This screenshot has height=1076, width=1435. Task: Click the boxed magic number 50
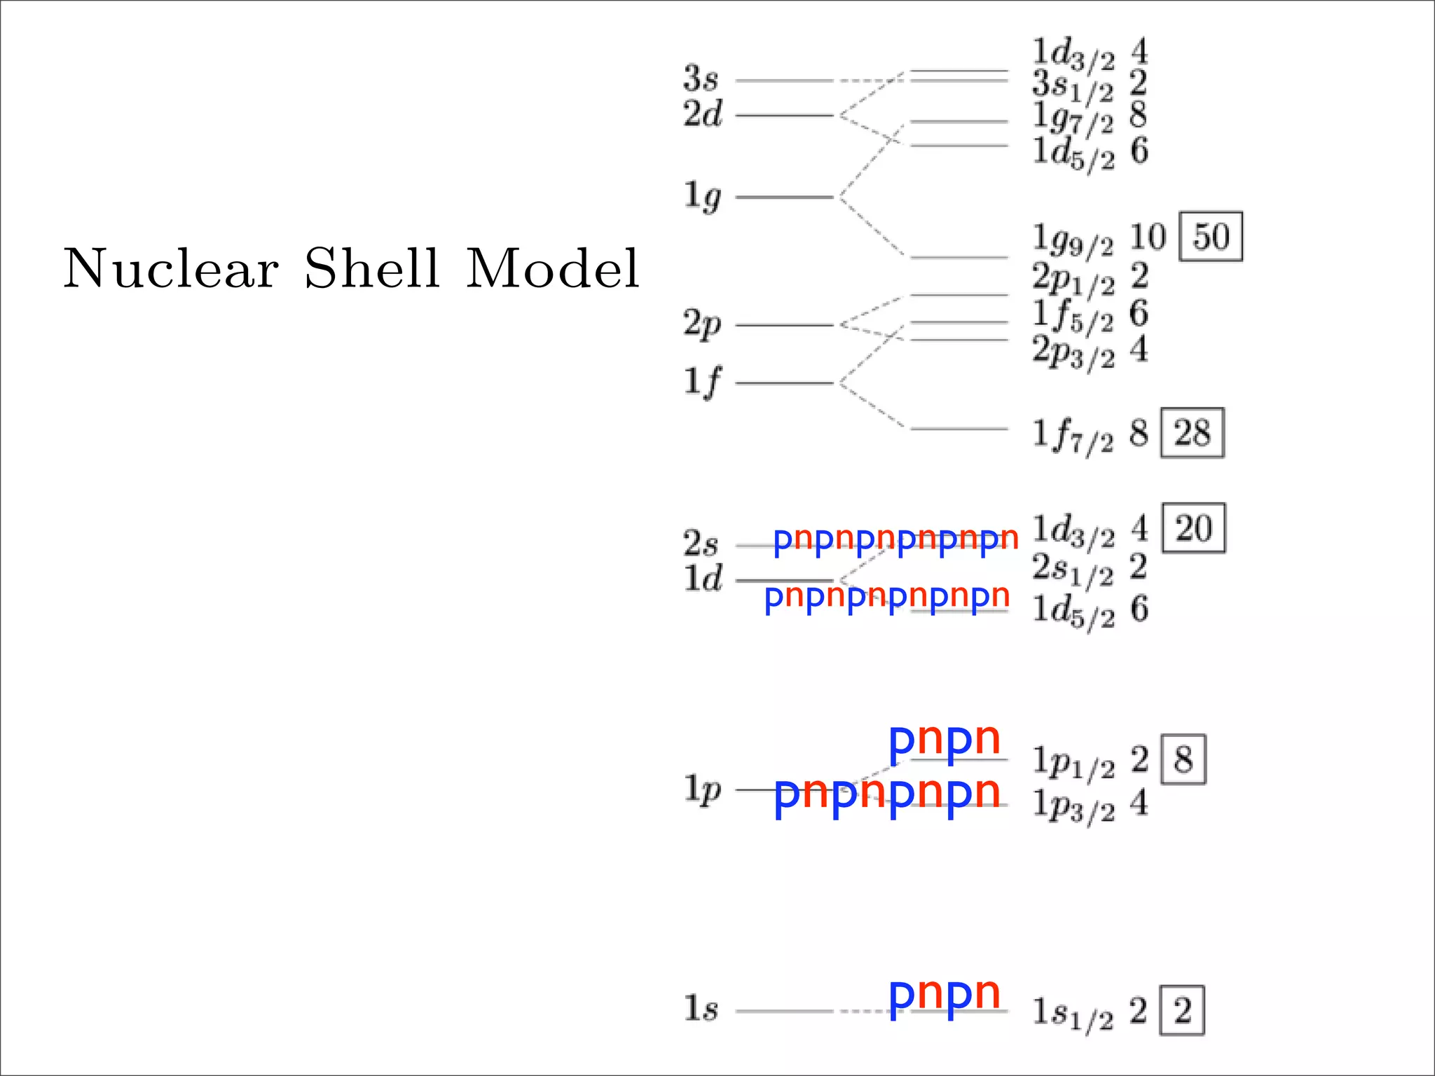click(1211, 237)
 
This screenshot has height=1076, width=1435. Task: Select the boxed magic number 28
click(1192, 433)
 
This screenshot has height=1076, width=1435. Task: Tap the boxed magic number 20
click(1193, 528)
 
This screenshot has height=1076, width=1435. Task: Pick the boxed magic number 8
click(1183, 759)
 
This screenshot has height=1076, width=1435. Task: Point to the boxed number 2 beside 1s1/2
click(1183, 1011)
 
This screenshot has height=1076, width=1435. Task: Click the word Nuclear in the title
click(171, 269)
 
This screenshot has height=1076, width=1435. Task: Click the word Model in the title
click(553, 269)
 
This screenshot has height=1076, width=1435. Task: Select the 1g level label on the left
click(702, 197)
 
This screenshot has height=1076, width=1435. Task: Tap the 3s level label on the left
click(701, 78)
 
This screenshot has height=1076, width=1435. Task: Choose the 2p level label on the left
click(702, 325)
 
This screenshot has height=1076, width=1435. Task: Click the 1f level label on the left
click(702, 383)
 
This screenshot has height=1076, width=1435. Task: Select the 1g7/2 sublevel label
click(1073, 118)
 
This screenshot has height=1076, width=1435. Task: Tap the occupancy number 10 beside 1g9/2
click(1148, 237)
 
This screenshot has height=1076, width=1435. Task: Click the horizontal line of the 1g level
click(785, 198)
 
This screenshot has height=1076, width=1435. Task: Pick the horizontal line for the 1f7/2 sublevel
click(959, 429)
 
